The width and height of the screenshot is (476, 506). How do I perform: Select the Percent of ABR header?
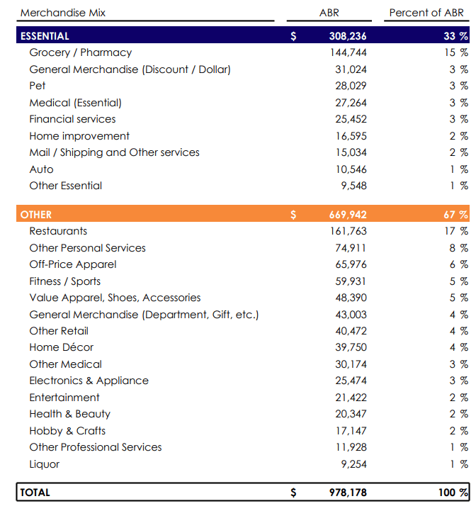tap(426, 13)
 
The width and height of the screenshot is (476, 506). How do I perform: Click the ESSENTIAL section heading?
tap(45, 36)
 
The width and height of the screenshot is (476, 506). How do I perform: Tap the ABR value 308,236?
tap(348, 36)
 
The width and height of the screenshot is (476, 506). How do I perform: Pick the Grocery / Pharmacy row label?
tap(80, 52)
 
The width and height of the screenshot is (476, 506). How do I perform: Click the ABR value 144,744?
tap(348, 52)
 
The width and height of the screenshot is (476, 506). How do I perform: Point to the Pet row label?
tap(38, 86)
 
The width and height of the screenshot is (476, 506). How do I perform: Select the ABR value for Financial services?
tap(351, 119)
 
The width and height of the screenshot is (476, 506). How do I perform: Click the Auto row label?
tap(41, 169)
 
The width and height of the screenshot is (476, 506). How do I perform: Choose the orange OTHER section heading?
tap(36, 215)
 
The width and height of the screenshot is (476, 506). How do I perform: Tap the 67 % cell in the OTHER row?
tap(455, 215)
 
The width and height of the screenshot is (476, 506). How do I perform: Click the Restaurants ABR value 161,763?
tap(348, 231)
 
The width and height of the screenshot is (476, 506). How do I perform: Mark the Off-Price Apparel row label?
tap(72, 264)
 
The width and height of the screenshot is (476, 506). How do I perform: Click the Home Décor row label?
tap(61, 347)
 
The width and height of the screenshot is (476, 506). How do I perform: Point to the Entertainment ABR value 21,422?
tap(351, 398)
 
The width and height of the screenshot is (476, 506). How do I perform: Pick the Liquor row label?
tap(44, 464)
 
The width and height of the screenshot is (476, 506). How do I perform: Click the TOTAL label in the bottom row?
tap(35, 493)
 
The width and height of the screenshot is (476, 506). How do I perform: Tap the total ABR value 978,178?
tap(348, 493)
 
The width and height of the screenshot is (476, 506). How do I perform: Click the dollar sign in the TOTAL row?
tap(293, 493)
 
